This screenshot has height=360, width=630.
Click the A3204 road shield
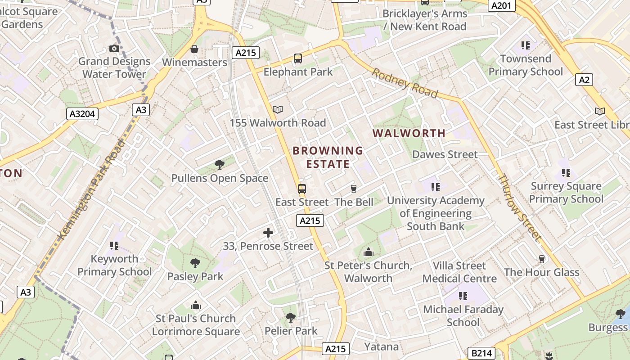point(83,114)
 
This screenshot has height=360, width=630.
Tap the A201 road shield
point(501,5)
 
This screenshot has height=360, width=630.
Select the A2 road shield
point(584,80)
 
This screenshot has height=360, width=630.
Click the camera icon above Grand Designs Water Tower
point(114,49)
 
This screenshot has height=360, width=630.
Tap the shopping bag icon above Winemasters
point(194,49)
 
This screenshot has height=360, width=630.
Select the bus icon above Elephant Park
point(297,58)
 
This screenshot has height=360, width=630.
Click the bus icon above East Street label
point(301,189)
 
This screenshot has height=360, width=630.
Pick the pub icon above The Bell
point(354,189)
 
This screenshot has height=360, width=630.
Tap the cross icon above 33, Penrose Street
point(268,233)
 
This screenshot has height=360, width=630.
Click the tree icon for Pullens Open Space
point(220,165)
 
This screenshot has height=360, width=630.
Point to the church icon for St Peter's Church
point(369,252)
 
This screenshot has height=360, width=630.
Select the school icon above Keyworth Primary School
point(114,246)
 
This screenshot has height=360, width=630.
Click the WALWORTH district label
point(409,133)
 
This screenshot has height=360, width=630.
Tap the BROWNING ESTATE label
point(328,157)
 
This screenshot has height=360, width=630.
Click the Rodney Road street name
point(404,82)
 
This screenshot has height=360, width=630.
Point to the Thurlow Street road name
point(519,207)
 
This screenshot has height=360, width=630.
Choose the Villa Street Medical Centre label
point(459,272)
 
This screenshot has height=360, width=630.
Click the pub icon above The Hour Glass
point(541,259)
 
